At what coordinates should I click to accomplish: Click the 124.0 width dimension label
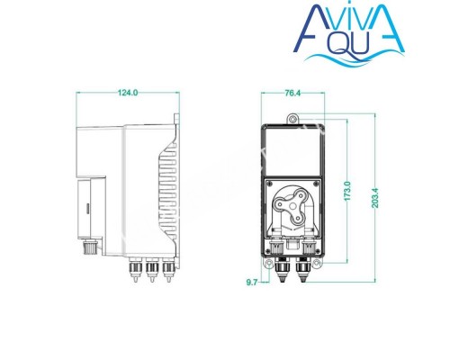coord(129,92)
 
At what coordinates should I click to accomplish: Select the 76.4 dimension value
coord(292,92)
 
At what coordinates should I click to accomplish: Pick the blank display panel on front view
coord(292,149)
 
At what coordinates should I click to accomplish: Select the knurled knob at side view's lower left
coord(90,245)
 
